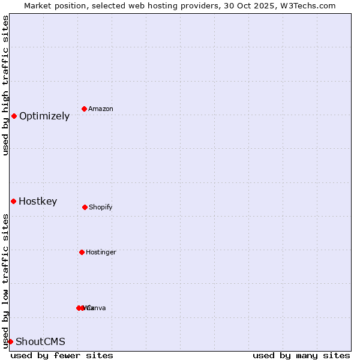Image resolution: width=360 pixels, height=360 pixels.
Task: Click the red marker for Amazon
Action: pyautogui.click(x=85, y=109)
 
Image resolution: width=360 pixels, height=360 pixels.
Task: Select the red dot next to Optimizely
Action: pyautogui.click(x=14, y=116)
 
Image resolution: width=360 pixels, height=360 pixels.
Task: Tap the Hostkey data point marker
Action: pyautogui.click(x=13, y=201)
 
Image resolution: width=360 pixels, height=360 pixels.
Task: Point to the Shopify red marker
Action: pyautogui.click(x=85, y=207)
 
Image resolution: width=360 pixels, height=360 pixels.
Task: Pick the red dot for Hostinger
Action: pyautogui.click(x=82, y=252)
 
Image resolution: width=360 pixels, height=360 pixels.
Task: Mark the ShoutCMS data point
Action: pyautogui.click(x=10, y=341)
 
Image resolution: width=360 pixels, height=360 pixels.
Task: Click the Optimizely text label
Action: pyautogui.click(x=44, y=116)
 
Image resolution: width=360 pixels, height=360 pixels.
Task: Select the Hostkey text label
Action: pyautogui.click(x=38, y=202)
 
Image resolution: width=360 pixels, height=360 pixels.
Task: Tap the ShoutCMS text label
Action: pyautogui.click(x=40, y=342)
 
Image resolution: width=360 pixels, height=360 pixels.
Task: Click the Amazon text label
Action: pyautogui.click(x=101, y=109)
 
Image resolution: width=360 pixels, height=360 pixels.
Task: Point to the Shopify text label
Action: pyautogui.click(x=101, y=208)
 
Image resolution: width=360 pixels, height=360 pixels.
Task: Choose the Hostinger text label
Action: pyautogui.click(x=101, y=253)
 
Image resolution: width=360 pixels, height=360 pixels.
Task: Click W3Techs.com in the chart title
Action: pyautogui.click(x=309, y=6)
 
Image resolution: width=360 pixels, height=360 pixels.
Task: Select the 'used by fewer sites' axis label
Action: pyautogui.click(x=62, y=356)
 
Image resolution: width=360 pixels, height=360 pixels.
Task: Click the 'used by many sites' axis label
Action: pyautogui.click(x=301, y=356)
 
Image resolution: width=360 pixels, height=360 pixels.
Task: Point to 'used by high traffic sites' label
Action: pyautogui.click(x=5, y=85)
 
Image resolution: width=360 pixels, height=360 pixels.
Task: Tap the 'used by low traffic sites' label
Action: pyautogui.click(x=5, y=281)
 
